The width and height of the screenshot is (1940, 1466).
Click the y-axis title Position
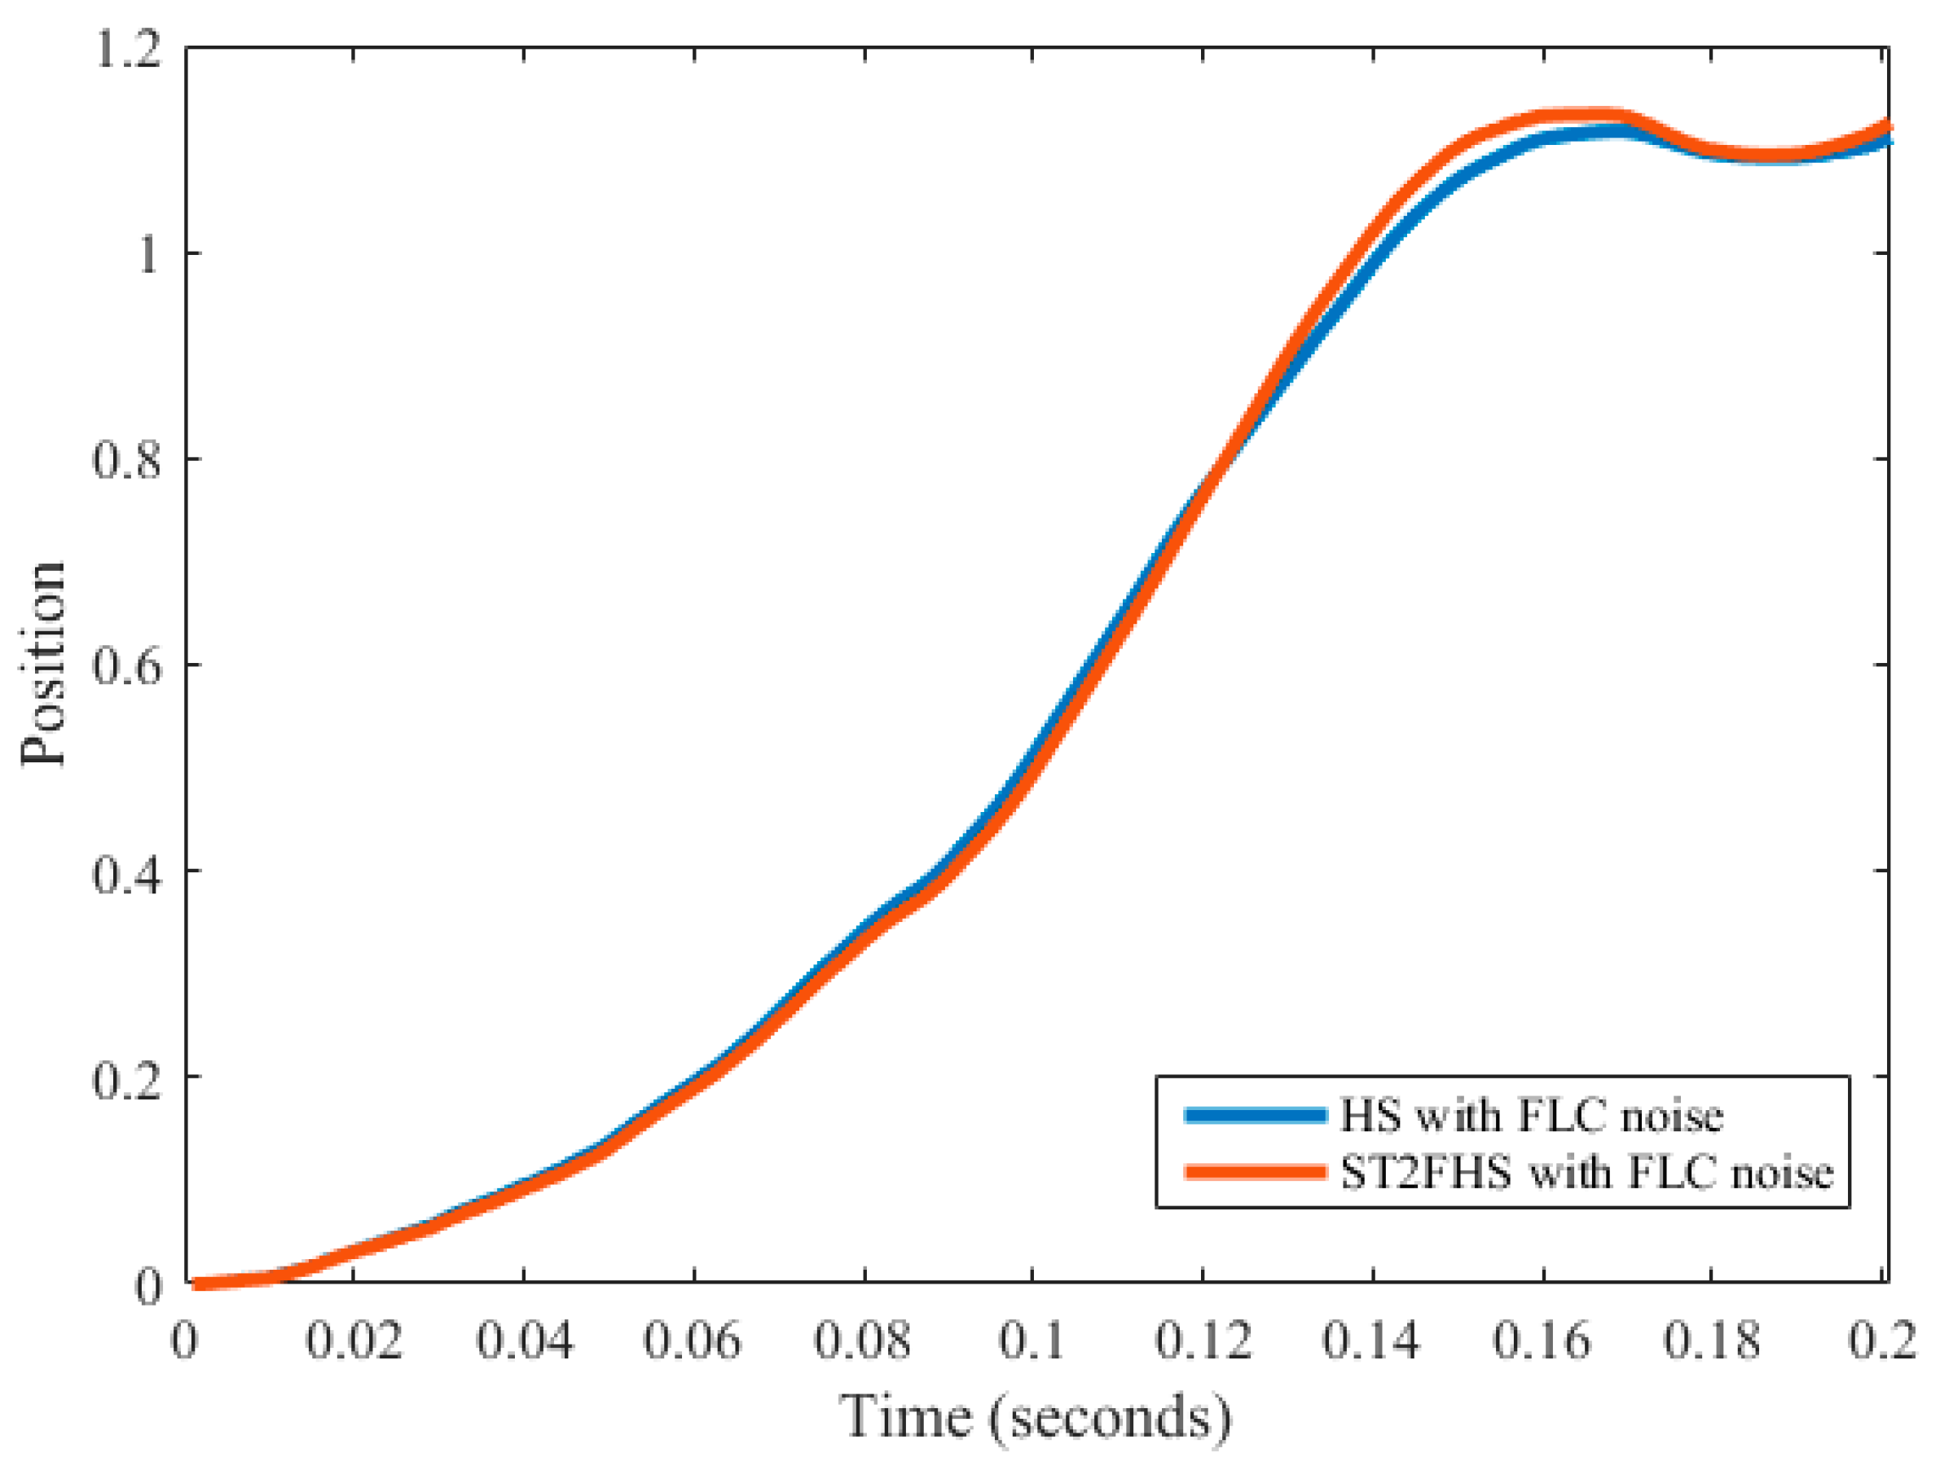click(44, 664)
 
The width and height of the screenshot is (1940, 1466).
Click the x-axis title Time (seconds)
click(1036, 1417)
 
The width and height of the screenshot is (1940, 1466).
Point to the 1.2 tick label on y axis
click(128, 49)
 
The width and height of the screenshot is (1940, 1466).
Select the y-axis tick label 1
click(148, 254)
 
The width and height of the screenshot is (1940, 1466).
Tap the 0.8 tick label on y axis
click(128, 459)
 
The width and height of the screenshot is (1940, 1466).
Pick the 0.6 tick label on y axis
click(128, 665)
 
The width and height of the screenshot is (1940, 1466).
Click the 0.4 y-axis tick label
click(128, 871)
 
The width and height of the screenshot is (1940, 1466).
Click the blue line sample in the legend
click(1255, 1115)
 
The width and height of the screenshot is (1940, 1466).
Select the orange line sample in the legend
click(1255, 1171)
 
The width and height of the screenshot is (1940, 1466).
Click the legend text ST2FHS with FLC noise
click(1586, 1172)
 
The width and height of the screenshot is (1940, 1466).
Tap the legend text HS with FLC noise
click(1531, 1115)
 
